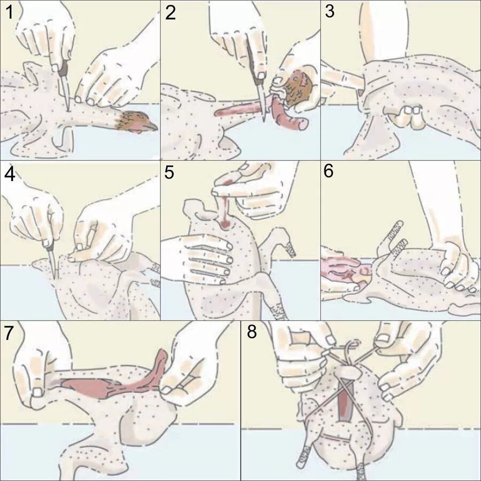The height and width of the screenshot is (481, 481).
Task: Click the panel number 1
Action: tap(10, 13)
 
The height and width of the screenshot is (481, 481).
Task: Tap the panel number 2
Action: tap(170, 13)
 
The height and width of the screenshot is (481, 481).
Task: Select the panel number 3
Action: tap(329, 12)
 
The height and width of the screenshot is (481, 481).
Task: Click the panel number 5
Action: tap(169, 173)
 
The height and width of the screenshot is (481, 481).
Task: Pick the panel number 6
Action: tap(328, 171)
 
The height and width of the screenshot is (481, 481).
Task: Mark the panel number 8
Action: tap(252, 331)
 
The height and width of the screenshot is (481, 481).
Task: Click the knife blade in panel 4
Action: tap(52, 264)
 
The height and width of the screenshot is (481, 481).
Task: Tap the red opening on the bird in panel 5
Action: tap(226, 224)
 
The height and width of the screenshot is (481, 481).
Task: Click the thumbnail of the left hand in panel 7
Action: tap(37, 393)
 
